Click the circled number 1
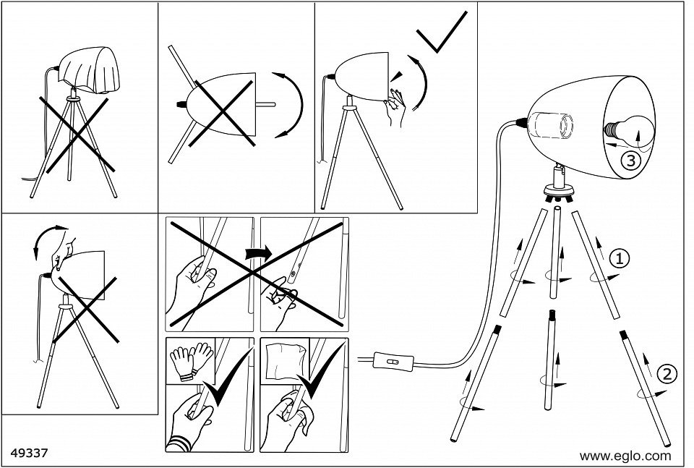click(x=619, y=257)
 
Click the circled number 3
click(x=630, y=161)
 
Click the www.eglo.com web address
click(x=625, y=456)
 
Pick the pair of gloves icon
click(x=192, y=357)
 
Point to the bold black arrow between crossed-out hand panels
click(x=257, y=252)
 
